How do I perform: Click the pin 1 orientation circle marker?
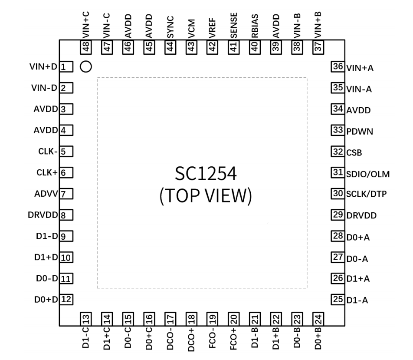(x=86, y=67)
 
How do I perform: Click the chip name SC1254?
(x=205, y=175)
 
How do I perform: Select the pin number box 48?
(x=86, y=46)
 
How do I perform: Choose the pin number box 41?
(x=234, y=46)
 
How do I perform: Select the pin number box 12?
(x=66, y=299)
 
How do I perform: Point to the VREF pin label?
(x=213, y=29)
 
